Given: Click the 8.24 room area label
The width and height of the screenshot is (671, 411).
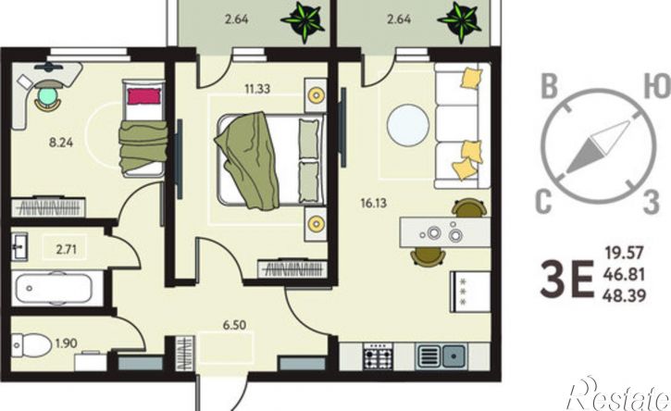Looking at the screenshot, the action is pos(61,143).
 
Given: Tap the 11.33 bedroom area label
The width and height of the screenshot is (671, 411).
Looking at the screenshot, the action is pos(257,89).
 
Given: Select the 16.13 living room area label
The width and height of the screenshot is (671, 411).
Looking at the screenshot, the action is pos(374,203).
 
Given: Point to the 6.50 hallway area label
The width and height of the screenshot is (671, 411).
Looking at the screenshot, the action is pos(234,326).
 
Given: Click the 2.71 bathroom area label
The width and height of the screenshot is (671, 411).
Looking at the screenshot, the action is pos(67,249).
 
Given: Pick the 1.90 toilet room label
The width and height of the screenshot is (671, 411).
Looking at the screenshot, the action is pos(67,343).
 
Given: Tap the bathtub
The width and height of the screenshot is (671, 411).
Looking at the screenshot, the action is pos(54,288).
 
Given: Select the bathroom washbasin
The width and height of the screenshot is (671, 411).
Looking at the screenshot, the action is pos(19,246).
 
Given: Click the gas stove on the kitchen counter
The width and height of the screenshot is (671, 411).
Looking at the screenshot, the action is pos(378,356).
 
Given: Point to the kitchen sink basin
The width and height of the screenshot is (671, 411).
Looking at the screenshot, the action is pos(454,355).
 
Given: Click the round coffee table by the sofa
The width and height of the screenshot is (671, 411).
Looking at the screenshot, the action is pos(408,126).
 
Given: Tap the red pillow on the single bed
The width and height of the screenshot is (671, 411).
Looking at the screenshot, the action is pos(144,96).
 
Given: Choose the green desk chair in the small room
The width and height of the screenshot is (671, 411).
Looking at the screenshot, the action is pos(47,97).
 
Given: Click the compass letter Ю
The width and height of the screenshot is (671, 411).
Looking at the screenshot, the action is pos(656,87).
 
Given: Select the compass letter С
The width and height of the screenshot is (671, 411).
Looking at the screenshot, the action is pos(543,201).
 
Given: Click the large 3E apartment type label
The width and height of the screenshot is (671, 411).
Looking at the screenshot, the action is pos(567,279).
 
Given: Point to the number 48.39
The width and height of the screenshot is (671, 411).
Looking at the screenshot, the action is pos(625,295).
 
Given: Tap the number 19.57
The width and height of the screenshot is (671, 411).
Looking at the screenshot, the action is pos(625,253).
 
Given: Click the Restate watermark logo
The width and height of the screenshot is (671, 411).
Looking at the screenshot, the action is pos(618,396).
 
